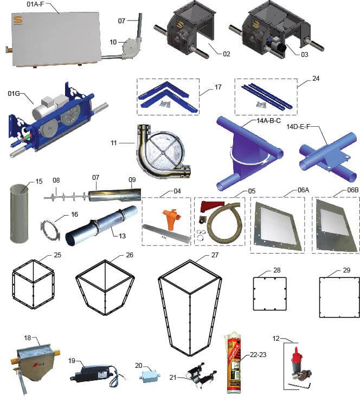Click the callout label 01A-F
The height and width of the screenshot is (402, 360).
[35, 4]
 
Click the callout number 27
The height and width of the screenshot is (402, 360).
[215, 255]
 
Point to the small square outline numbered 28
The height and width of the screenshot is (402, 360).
[270, 294]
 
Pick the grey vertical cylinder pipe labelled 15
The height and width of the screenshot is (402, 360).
[19, 213]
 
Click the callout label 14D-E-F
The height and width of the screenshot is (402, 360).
[298, 126]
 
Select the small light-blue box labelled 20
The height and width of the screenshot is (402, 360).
[150, 377]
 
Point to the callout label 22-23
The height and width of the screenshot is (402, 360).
[258, 354]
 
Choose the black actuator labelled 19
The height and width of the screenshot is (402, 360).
[92, 373]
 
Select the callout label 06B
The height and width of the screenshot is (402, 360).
[352, 190]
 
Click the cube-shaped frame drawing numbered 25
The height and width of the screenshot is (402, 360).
[33, 284]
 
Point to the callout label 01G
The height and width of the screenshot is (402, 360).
[14, 93]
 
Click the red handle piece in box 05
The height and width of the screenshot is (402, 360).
[211, 206]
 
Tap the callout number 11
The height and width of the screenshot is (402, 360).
[114, 143]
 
